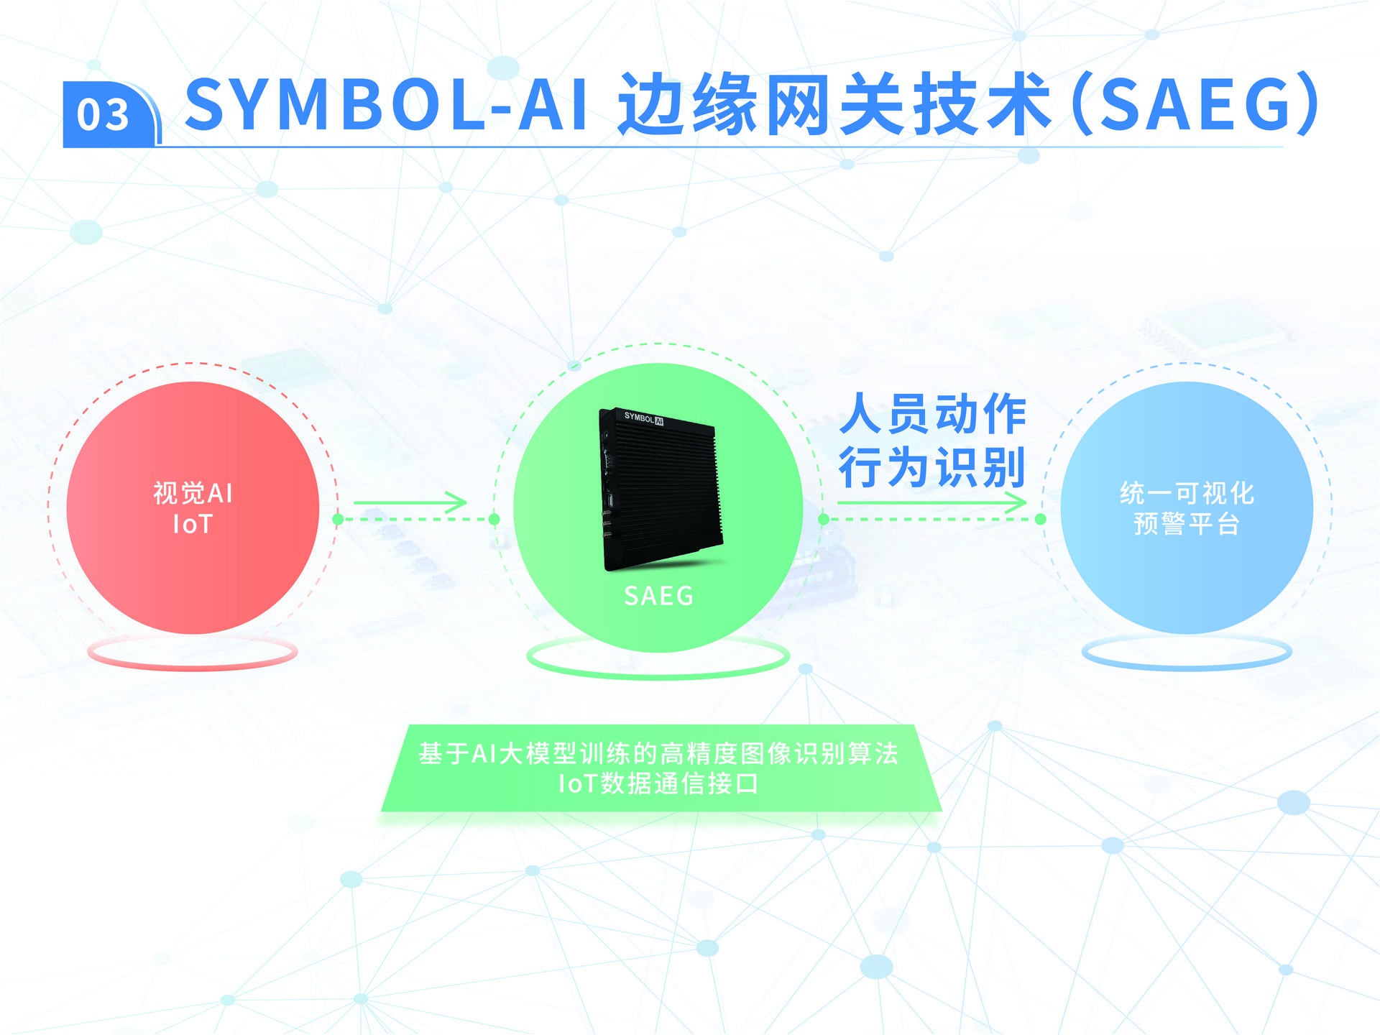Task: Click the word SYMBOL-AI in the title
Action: pos(387,106)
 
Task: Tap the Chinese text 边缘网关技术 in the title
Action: pos(834,105)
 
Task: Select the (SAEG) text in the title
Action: pos(1197,105)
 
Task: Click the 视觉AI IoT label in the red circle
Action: pos(193,508)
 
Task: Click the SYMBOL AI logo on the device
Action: pos(643,418)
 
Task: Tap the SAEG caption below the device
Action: pos(658,596)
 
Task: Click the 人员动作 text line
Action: pos(933,414)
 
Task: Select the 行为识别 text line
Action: pos(932,467)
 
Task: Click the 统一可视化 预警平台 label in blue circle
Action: pos(1187,508)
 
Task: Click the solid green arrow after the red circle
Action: pos(410,502)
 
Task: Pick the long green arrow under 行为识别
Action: pos(932,502)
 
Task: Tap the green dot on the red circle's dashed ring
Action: pos(338,519)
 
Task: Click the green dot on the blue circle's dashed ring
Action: pos(1041,519)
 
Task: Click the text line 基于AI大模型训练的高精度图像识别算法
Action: pos(658,753)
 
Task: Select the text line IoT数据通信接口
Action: pos(658,783)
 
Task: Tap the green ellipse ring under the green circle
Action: pos(658,676)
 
